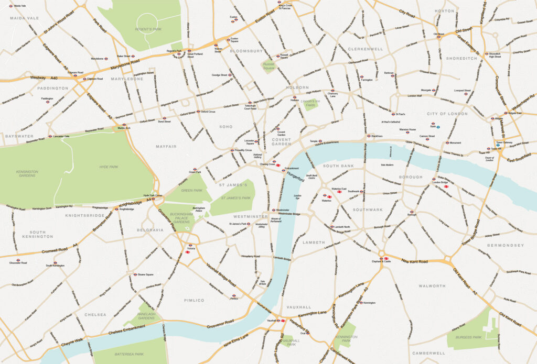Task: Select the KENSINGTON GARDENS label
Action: tap(27, 173)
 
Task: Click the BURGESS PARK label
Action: tap(468, 337)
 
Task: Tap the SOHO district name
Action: tap(225, 127)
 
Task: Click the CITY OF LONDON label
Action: tap(447, 114)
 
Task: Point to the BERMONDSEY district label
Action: tap(506, 245)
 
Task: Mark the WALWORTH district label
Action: tap(432, 286)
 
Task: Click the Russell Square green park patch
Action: tap(268, 67)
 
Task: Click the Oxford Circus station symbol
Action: tap(198, 112)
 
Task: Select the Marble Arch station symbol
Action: tap(124, 125)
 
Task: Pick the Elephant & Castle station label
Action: tap(382, 261)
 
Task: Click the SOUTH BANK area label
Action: tap(338, 166)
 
